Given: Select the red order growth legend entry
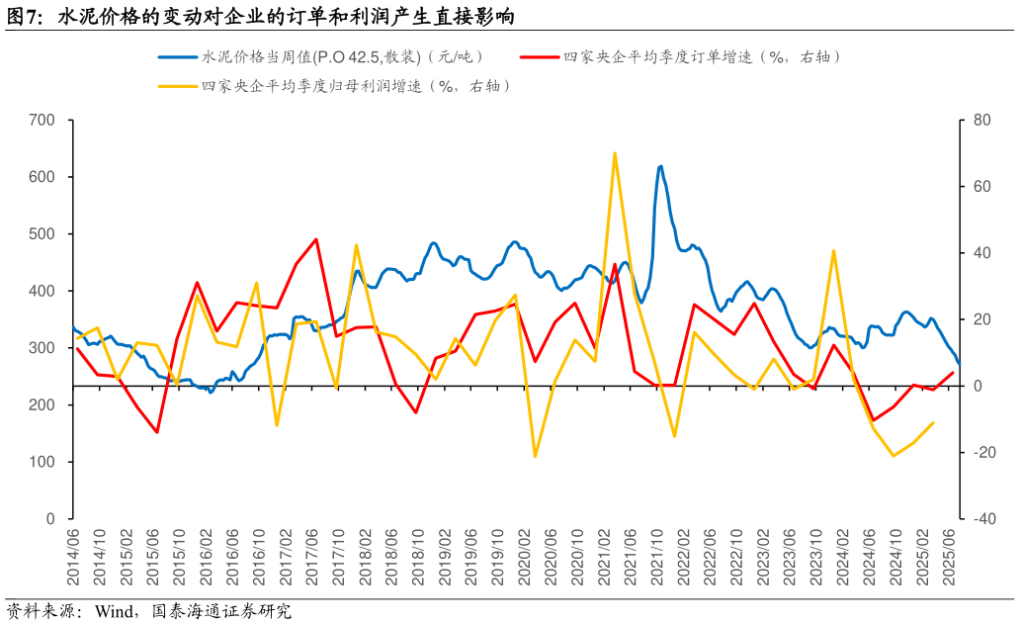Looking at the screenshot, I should [x=702, y=57].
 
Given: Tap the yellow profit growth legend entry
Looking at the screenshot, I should [x=356, y=86].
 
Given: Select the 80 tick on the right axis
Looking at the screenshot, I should [x=980, y=121].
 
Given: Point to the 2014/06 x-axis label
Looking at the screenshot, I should [x=73, y=557].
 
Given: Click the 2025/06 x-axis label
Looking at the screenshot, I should [x=952, y=557].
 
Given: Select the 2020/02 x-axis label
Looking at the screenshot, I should [x=523, y=557].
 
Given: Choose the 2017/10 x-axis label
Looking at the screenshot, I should [x=337, y=557].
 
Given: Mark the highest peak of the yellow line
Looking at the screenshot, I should [x=615, y=153].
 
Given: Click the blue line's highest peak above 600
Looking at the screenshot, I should [x=660, y=166].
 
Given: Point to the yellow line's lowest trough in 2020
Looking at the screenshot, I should [x=535, y=456].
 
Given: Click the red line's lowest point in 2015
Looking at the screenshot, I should [x=157, y=432].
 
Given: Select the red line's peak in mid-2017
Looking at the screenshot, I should [x=316, y=239].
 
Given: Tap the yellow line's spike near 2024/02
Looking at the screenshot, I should [x=834, y=250].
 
